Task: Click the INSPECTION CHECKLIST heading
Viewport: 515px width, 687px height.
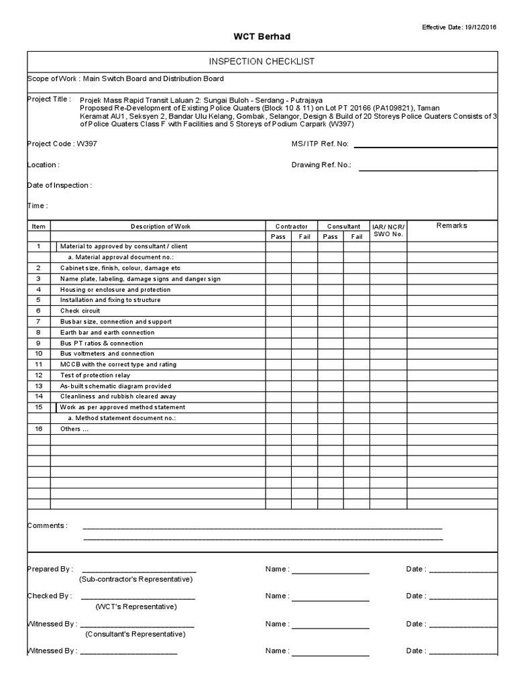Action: pyautogui.click(x=262, y=62)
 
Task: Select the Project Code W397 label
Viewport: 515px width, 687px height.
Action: pyautogui.click(x=57, y=144)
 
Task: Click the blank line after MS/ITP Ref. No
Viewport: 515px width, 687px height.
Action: pyautogui.click(x=425, y=146)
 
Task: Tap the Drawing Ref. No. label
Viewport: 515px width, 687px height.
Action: pyautogui.click(x=321, y=164)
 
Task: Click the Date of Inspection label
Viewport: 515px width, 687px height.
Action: pyautogui.click(x=59, y=185)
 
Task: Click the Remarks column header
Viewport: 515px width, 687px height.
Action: pyautogui.click(x=451, y=226)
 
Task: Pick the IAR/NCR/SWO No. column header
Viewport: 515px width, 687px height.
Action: pyautogui.click(x=388, y=231)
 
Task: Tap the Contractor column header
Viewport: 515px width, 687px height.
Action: pyautogui.click(x=292, y=227)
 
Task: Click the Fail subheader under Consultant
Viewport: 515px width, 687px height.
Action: pyautogui.click(x=356, y=237)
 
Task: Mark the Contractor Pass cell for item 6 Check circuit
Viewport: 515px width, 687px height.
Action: pyautogui.click(x=278, y=311)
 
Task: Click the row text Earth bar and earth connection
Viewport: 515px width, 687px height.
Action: pyautogui.click(x=107, y=332)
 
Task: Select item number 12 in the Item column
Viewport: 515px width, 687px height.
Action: pyautogui.click(x=38, y=375)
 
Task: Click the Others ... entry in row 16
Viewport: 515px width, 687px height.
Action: pyautogui.click(x=74, y=429)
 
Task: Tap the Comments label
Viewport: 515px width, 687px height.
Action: pyautogui.click(x=47, y=525)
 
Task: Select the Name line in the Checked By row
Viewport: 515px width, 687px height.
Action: pyautogui.click(x=330, y=597)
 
